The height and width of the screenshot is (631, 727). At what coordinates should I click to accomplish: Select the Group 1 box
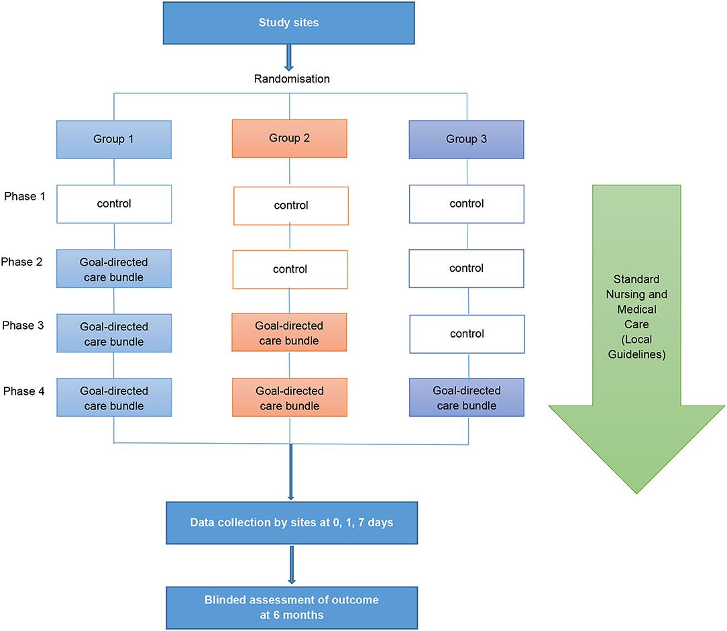point(114,140)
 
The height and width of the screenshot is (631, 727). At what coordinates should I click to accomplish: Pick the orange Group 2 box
point(290,139)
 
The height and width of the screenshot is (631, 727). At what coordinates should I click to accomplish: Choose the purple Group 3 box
point(466,139)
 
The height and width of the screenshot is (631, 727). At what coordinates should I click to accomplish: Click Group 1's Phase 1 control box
point(114,204)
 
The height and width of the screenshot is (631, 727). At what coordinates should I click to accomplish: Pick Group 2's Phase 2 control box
point(290,269)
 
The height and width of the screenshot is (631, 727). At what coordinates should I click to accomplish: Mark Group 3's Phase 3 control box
point(466,334)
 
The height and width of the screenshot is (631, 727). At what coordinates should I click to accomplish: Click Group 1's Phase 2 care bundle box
point(114,269)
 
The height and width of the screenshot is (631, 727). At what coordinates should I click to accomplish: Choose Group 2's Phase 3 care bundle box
point(290,332)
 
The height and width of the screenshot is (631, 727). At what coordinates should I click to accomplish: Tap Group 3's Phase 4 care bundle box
point(466,397)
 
